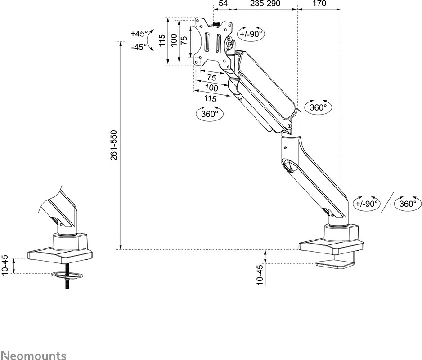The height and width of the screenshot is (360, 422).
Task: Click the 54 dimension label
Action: coord(223,4)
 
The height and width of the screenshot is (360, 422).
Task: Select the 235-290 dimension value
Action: coord(265,4)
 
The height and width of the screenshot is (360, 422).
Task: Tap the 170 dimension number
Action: coord(319,4)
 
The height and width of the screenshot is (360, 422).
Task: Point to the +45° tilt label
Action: coord(139,34)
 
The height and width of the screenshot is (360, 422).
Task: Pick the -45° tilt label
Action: coord(139,46)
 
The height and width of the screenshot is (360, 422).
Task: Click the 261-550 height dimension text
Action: coord(114,145)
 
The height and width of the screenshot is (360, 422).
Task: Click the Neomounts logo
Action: coord(34,356)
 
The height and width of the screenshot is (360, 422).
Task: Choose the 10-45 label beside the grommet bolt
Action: coord(5,265)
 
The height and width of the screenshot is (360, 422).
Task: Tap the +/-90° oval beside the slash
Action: coord(367,203)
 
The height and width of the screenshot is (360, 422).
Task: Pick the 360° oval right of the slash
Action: coord(407,203)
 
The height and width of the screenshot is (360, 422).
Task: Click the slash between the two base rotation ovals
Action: coord(387,203)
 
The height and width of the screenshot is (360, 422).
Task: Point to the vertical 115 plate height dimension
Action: coord(162,41)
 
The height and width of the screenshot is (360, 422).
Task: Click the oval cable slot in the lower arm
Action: coord(287,165)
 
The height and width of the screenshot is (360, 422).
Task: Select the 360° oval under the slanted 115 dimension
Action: coord(210,114)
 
